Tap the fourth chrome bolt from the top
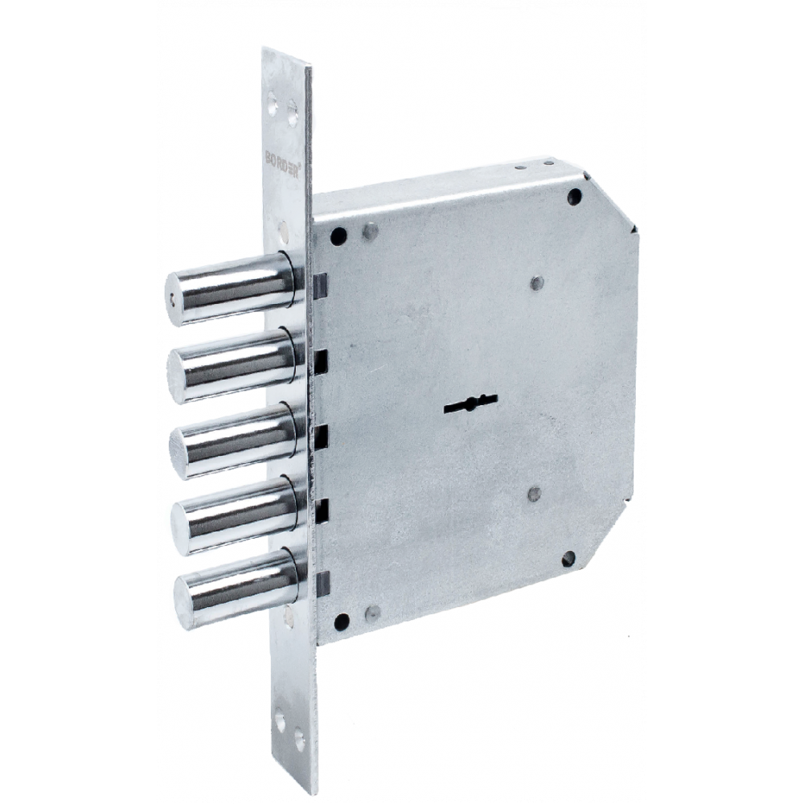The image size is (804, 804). point(236,515)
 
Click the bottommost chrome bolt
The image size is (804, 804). point(237,589)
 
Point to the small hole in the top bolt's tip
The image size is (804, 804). point(172,296)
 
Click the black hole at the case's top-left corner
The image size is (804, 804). point(339,236)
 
